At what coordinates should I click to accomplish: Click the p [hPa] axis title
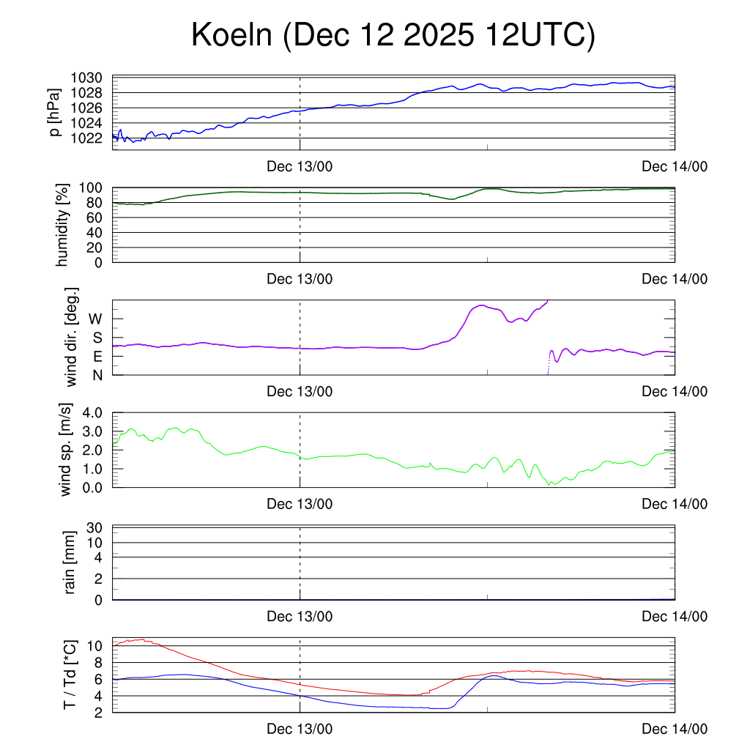point(55,112)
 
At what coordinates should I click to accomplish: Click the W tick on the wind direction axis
point(95,319)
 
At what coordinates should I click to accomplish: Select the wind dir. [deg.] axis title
point(72,337)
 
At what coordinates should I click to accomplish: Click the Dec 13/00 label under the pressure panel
point(300,167)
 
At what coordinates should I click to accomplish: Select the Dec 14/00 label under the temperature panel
point(675,729)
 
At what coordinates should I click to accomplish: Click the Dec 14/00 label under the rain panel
point(675,617)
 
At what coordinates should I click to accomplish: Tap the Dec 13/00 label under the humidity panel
point(300,279)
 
